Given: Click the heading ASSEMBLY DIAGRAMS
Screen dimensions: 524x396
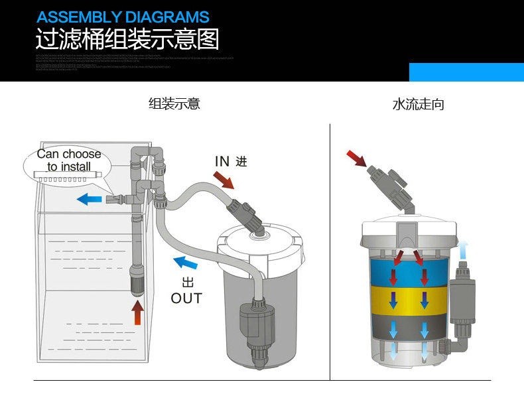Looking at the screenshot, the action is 123,17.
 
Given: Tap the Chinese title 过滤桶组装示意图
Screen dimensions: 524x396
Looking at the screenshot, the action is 127,39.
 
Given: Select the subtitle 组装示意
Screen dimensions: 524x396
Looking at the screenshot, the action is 174,103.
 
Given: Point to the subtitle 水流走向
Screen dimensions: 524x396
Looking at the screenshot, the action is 418,104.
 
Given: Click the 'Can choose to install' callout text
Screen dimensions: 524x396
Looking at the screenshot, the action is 69,160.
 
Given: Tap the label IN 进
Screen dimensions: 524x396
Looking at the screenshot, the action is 230,161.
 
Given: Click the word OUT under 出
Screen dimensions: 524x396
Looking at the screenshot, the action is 186,298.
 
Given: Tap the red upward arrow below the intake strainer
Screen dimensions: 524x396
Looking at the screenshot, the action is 138,312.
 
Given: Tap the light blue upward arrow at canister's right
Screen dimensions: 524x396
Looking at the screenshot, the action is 463,250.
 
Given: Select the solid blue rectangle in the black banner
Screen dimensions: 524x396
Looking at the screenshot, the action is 466,72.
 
